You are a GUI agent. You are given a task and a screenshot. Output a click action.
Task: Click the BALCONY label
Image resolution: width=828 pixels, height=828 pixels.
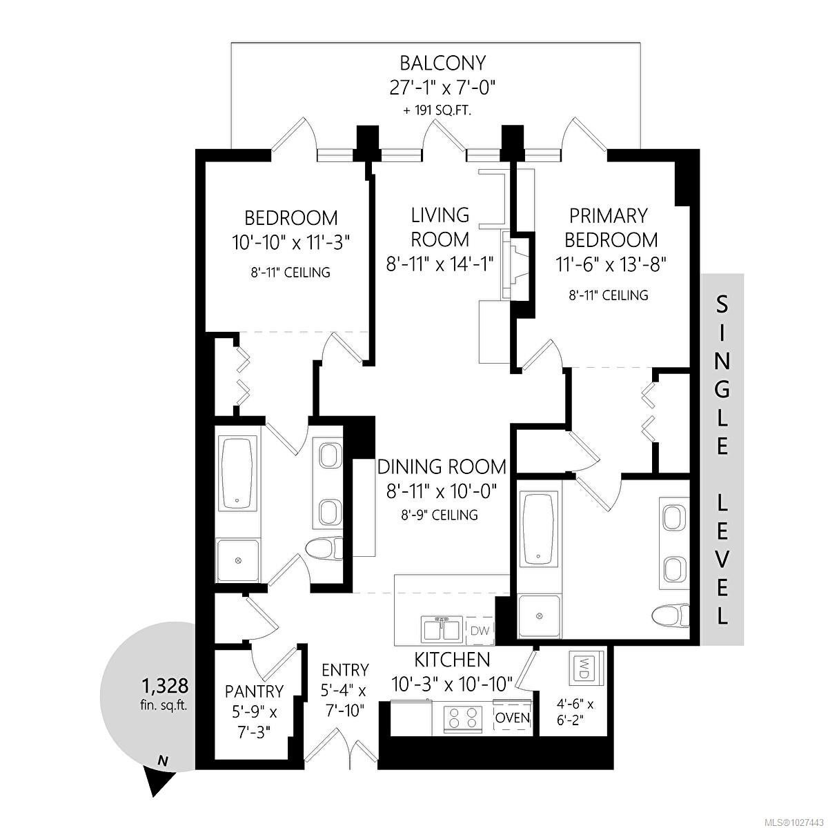point(442,63)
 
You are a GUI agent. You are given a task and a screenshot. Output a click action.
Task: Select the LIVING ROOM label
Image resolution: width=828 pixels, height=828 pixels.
point(440,227)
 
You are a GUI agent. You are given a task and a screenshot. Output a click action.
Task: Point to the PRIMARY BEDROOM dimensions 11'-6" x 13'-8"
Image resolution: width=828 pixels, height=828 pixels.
point(611,264)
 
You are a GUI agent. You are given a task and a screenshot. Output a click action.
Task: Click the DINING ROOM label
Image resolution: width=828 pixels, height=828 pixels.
point(442,467)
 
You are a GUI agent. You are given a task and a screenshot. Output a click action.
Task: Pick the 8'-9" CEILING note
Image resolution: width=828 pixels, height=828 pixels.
point(440,515)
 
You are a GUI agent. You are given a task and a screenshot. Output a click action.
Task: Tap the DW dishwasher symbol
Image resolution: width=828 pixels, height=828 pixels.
point(480,631)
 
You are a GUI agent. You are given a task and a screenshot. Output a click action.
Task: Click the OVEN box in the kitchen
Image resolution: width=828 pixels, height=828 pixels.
point(513,718)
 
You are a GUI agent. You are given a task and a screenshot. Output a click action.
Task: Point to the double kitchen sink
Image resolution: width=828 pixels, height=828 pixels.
point(442,631)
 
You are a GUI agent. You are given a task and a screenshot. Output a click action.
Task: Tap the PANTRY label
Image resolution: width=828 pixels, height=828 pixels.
point(255,691)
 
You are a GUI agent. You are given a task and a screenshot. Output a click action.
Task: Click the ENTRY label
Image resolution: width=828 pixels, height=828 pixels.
point(345,670)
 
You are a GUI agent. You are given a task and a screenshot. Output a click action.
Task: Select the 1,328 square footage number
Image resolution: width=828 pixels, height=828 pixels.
point(165,686)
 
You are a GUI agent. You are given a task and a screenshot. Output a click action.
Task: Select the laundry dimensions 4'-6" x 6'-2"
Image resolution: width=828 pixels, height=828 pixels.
point(575,712)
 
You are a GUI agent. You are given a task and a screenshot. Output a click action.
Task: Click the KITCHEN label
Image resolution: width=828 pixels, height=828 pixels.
point(452,660)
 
